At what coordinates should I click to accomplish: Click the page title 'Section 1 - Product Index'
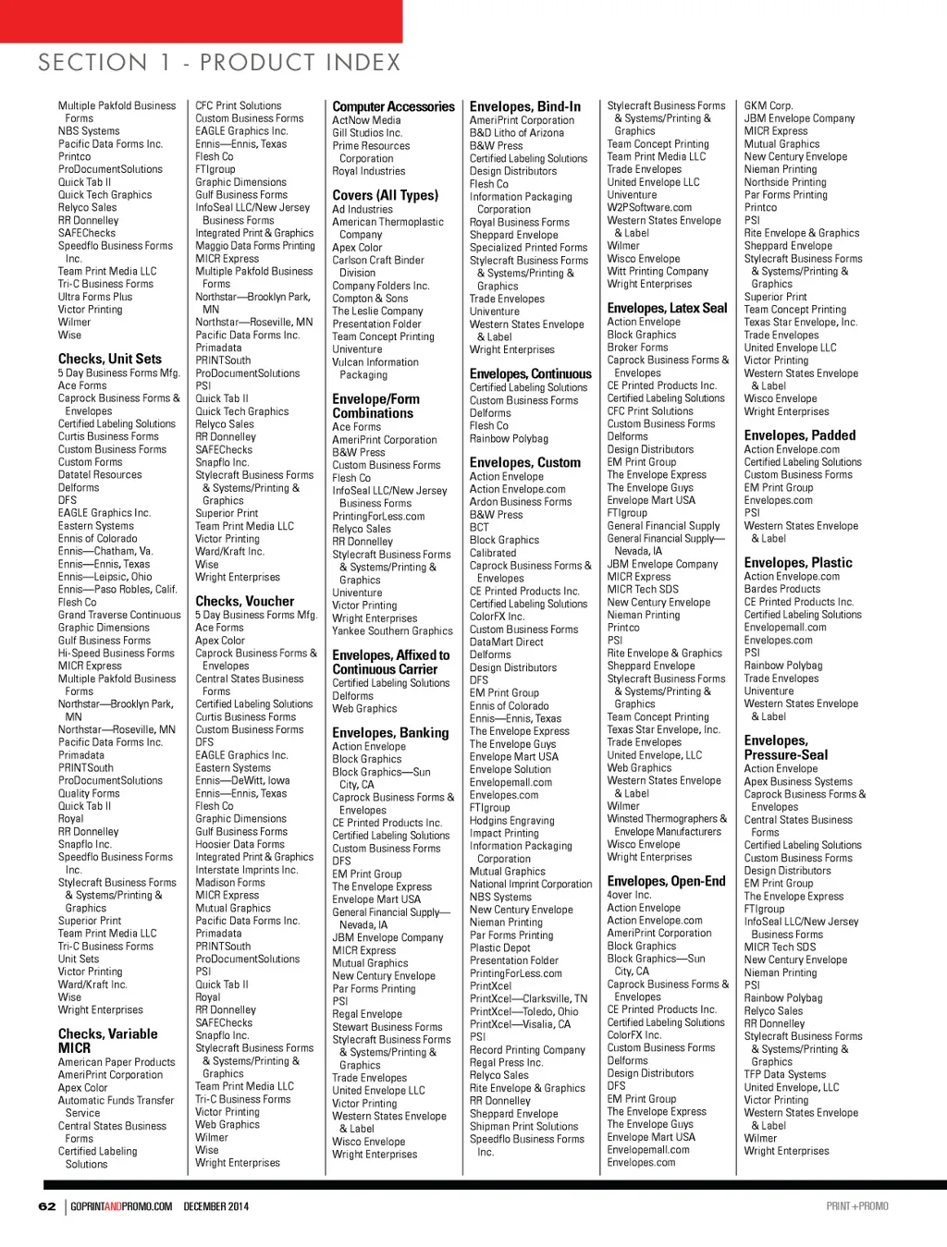[x=219, y=63]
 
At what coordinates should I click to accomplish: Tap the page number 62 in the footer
[x=47, y=1206]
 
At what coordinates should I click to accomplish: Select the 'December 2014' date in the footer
[x=215, y=1206]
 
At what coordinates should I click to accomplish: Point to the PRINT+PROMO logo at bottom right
[x=857, y=1206]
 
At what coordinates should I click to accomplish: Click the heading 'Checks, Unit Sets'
[x=109, y=359]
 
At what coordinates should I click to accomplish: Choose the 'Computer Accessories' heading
[x=393, y=107]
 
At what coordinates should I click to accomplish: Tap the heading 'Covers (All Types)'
[x=385, y=195]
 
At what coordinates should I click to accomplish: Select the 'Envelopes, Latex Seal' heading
[x=667, y=308]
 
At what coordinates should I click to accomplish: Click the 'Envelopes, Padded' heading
[x=799, y=435]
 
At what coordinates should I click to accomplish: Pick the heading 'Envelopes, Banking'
[x=390, y=733]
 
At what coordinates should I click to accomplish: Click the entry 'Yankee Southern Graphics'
[x=392, y=631]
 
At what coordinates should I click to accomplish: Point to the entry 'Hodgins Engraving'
[x=511, y=821]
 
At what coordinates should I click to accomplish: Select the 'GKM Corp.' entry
[x=768, y=106]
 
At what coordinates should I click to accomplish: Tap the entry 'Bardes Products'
[x=781, y=589]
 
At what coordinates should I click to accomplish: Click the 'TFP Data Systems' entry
[x=784, y=1075]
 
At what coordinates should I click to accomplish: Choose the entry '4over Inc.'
[x=629, y=895]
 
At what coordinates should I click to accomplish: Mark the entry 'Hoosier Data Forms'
[x=240, y=845]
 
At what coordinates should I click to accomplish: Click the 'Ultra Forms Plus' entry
[x=94, y=297]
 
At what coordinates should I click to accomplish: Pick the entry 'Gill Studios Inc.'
[x=367, y=133]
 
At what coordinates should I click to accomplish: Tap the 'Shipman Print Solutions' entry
[x=523, y=1127]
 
